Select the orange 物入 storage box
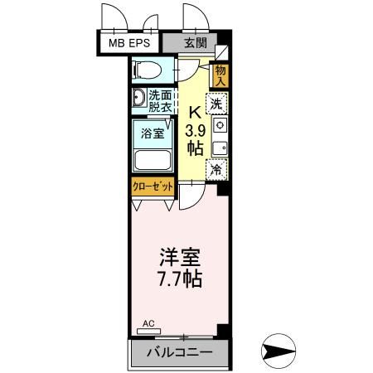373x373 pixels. (x=220, y=75)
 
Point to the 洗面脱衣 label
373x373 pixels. (x=159, y=99)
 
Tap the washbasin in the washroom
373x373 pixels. (x=137, y=99)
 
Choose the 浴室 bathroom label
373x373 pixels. (x=152, y=133)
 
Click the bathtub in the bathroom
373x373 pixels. (x=152, y=159)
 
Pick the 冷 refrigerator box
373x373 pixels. (x=216, y=170)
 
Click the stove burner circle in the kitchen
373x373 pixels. (x=219, y=124)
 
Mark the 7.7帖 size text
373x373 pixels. (x=176, y=278)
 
